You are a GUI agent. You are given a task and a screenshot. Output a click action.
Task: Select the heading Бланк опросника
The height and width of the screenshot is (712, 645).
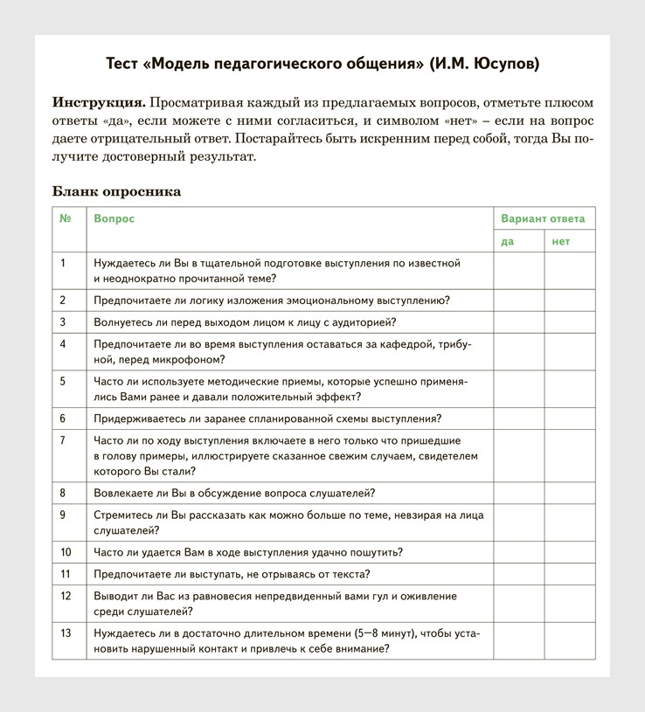tap(116, 191)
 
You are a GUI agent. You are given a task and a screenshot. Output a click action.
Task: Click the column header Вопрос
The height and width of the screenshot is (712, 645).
tap(114, 218)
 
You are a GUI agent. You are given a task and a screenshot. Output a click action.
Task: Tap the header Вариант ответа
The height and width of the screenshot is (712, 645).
tap(543, 218)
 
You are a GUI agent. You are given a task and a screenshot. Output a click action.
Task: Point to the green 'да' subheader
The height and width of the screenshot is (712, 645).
tap(508, 241)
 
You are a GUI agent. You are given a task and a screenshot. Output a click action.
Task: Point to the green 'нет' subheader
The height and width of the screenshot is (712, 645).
tap(560, 241)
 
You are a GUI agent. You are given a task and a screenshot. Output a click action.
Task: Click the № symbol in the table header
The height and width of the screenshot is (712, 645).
tap(66, 218)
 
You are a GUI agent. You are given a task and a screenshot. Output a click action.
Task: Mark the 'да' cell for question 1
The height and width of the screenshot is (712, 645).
tap(519, 271)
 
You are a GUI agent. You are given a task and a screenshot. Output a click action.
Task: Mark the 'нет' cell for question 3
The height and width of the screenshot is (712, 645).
tap(570, 322)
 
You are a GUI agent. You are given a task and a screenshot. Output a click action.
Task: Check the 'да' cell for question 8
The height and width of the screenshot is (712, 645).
tap(519, 493)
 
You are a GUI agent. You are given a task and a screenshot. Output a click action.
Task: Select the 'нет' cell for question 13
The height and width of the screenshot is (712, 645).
tap(570, 640)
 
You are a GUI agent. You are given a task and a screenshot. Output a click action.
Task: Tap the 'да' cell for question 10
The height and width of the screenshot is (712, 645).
tap(519, 552)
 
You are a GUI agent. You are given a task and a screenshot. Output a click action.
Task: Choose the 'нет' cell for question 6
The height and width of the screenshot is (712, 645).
tap(570, 418)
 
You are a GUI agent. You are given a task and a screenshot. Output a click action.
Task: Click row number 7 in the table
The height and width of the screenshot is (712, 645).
tap(63, 440)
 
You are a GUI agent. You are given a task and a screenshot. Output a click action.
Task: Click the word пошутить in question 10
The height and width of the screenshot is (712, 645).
tap(377, 552)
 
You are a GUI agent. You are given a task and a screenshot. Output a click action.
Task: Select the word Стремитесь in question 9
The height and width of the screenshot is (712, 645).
tap(122, 515)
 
